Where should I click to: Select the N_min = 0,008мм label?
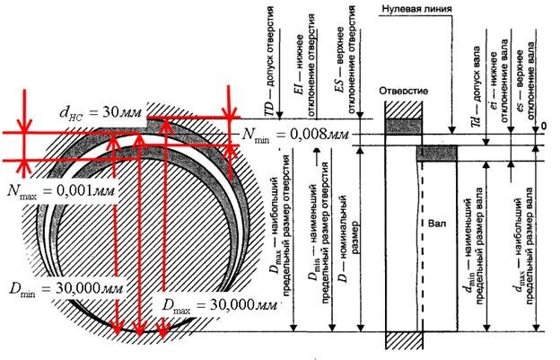pos(297,136)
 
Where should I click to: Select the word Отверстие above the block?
pos(407,92)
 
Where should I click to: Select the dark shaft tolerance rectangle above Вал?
pos(437,154)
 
